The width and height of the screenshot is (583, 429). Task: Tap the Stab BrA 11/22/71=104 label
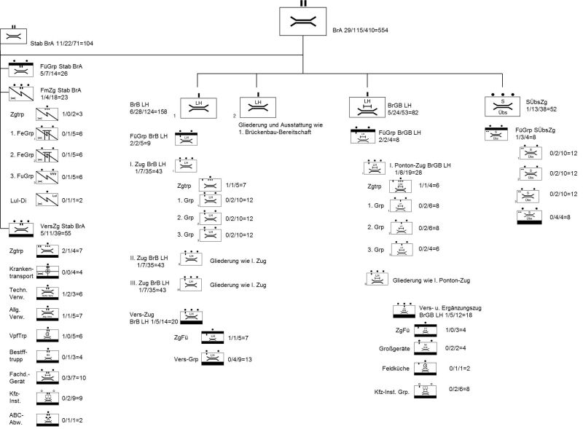pyautogui.click(x=62, y=44)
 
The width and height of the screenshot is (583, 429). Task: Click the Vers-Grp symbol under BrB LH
pyautogui.click(x=213, y=358)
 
